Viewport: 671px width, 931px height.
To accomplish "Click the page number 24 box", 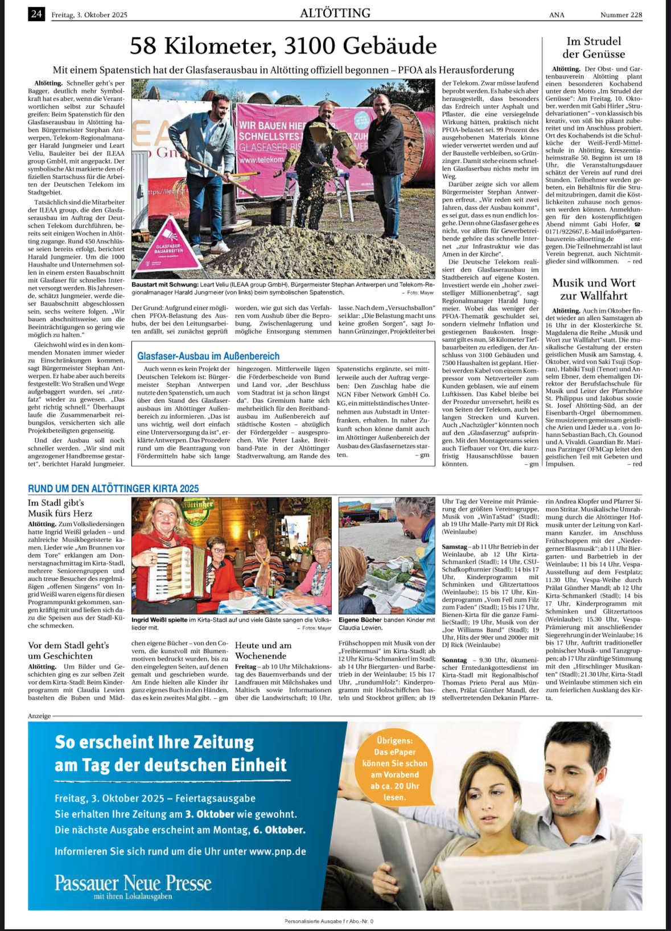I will pos(36,14).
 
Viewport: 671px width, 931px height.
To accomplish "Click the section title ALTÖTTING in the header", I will pos(335,13).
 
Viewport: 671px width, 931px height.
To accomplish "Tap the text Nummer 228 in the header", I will pos(621,15).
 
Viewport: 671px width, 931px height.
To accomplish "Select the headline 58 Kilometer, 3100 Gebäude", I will pos(283,46).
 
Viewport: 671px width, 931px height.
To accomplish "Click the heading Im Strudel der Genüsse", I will pos(594,48).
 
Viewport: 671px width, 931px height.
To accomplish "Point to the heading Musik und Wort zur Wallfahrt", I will pos(594,289).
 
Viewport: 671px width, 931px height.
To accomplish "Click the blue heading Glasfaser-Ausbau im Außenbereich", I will pos(208,356).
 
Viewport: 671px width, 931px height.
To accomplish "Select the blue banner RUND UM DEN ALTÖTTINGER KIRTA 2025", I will pos(113,488).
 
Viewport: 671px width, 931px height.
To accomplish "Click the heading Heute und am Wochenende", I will pos(263,650).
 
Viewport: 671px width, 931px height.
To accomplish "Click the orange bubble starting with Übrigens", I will pos(394,768).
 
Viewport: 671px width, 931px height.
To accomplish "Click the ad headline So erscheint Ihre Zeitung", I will pos(154,742).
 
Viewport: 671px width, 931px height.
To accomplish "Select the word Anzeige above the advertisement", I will pos(39,715).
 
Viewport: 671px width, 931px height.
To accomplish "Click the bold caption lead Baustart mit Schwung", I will pos(165,284).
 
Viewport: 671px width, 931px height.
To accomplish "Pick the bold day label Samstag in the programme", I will pos(454,546).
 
